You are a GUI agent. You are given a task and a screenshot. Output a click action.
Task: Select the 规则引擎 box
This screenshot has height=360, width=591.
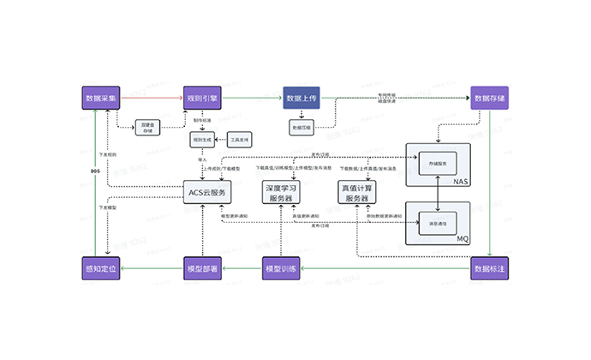click(203, 98)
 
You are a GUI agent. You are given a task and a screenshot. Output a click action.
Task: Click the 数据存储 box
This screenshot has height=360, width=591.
click(489, 98)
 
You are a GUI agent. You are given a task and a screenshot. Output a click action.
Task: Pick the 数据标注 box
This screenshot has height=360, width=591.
click(489, 270)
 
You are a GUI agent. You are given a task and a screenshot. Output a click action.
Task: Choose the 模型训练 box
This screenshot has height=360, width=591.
click(280, 270)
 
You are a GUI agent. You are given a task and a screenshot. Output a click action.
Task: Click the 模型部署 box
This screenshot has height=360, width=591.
click(203, 270)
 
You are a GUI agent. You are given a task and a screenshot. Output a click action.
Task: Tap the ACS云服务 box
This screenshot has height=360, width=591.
click(208, 193)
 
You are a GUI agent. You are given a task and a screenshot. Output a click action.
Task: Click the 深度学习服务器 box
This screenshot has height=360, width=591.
click(281, 193)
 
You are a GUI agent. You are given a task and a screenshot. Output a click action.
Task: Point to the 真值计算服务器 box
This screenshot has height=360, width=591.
click(357, 193)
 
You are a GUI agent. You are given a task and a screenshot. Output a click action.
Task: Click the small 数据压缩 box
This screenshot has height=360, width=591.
click(302, 127)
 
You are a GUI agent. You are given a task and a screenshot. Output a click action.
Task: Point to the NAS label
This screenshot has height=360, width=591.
click(460, 183)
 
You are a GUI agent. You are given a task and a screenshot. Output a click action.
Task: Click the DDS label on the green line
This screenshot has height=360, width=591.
click(95, 171)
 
